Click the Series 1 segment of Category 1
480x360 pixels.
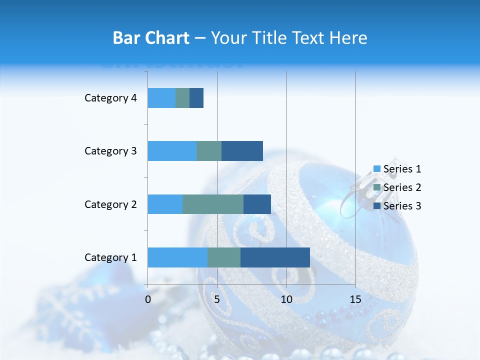(x=177, y=257)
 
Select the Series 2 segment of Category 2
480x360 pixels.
(x=213, y=204)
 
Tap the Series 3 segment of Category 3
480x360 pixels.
(x=242, y=151)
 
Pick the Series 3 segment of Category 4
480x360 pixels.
(x=196, y=98)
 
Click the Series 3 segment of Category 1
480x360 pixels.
(x=275, y=257)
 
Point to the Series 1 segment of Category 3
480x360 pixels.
(x=172, y=151)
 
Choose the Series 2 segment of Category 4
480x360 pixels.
(x=182, y=98)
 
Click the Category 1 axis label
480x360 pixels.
(x=110, y=257)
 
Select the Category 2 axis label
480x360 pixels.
(x=110, y=204)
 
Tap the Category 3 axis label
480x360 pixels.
(x=110, y=151)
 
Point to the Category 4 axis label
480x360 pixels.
(x=110, y=98)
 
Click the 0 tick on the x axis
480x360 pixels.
(x=148, y=299)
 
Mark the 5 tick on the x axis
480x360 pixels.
(x=217, y=299)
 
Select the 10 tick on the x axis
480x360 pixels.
(x=286, y=299)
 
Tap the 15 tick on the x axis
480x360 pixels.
(x=355, y=299)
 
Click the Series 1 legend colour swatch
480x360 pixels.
(x=376, y=169)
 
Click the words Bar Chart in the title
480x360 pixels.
(x=151, y=38)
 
